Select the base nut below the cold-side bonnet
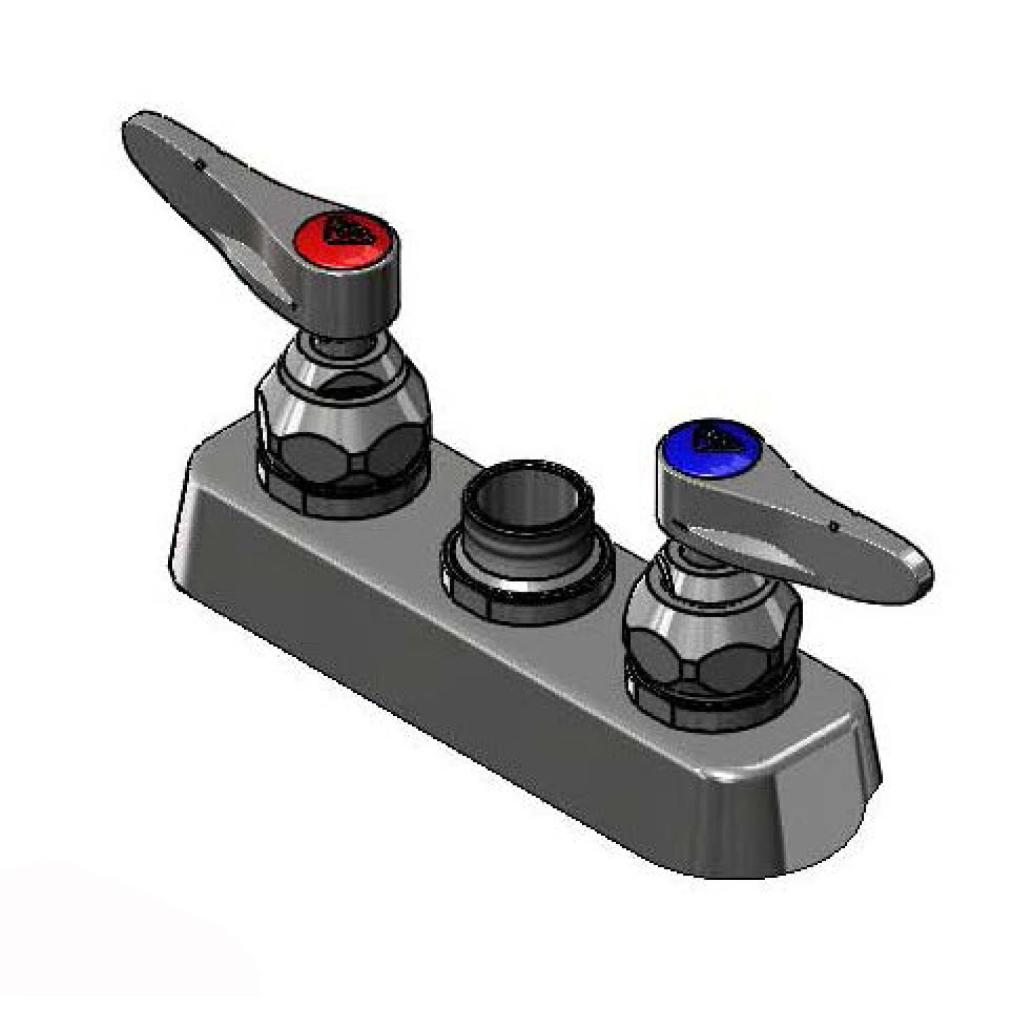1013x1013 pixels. (709, 706)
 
